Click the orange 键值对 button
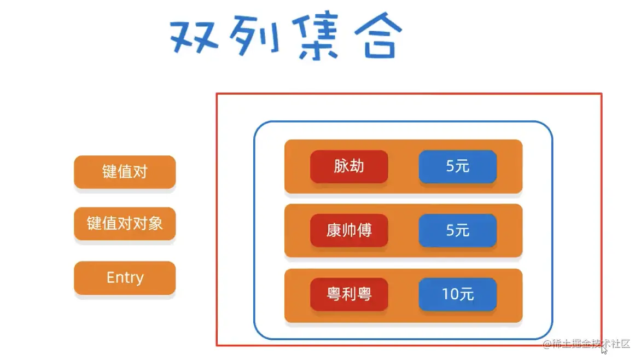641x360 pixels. point(125,172)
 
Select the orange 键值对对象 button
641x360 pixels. point(125,223)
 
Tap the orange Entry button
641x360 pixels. point(125,278)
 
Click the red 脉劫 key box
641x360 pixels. point(349,166)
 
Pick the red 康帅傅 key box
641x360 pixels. point(349,230)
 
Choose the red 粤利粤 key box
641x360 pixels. point(349,294)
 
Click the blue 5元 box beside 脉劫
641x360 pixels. point(457,166)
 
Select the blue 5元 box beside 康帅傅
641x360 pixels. point(457,230)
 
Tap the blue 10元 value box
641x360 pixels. point(457,294)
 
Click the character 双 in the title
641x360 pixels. point(194,36)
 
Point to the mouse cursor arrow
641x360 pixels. point(604,349)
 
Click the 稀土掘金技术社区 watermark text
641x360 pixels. point(591,344)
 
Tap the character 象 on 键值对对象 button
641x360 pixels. point(155,223)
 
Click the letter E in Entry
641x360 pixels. point(111,277)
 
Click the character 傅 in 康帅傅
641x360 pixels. point(365,230)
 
